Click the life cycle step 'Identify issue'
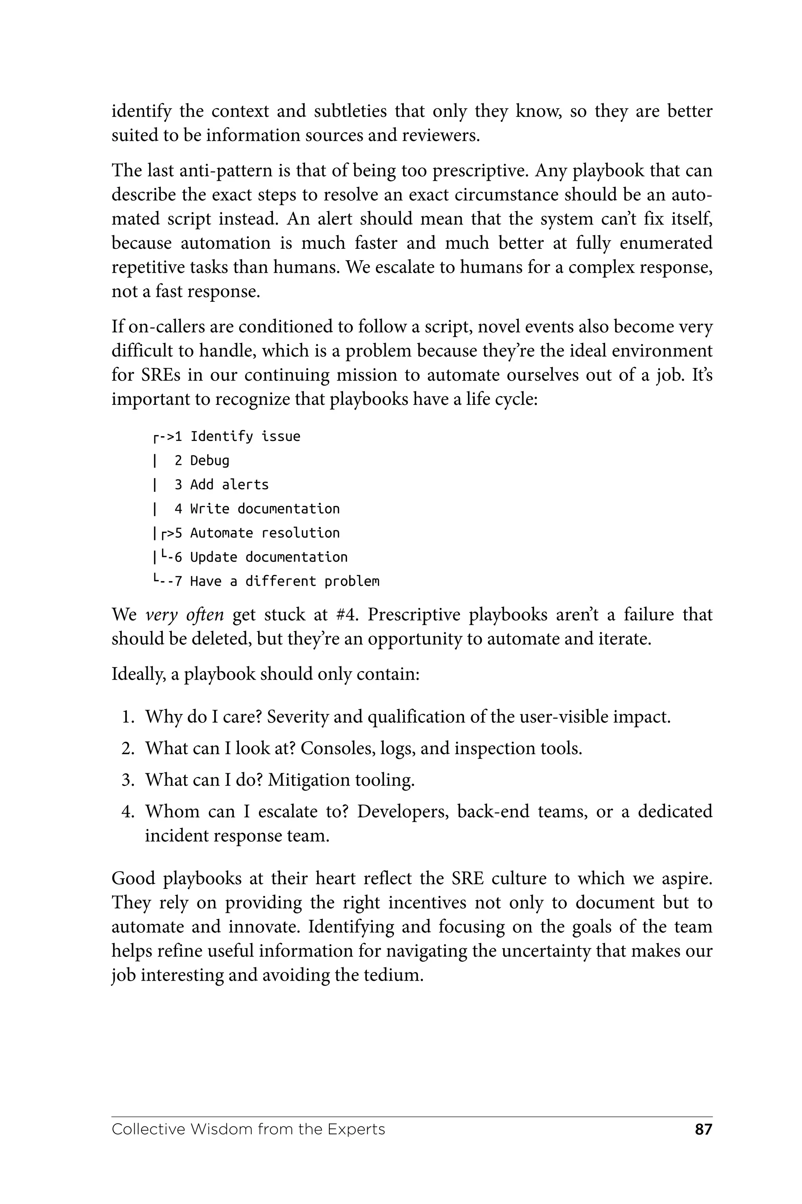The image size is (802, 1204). coord(245,436)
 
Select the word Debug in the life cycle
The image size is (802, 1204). coord(210,460)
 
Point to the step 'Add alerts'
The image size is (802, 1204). coord(229,484)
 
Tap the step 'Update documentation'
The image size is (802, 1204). coord(269,557)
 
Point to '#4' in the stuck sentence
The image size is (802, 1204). coord(347,614)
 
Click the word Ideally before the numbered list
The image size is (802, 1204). coord(138,674)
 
